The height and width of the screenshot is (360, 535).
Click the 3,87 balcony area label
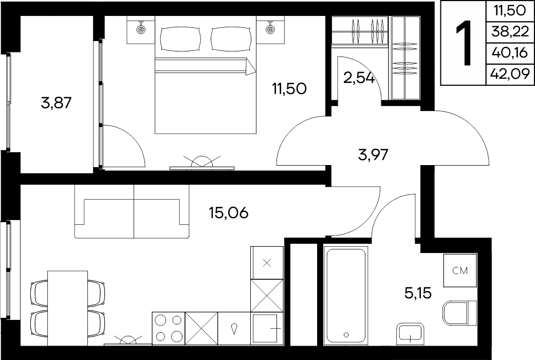click(57, 103)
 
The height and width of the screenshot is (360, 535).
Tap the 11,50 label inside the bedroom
click(289, 89)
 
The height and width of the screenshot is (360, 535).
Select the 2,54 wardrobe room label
click(359, 78)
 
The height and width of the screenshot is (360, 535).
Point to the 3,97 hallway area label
click(373, 155)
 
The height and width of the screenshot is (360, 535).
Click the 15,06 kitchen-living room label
click(229, 213)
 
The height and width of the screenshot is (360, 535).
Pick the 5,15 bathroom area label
click(418, 293)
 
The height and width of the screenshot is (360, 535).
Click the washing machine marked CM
click(460, 271)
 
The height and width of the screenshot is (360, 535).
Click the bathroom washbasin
click(411, 335)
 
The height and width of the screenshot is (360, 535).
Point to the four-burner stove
click(168, 329)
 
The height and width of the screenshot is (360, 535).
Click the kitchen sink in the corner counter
click(267, 329)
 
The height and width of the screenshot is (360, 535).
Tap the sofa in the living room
click(132, 211)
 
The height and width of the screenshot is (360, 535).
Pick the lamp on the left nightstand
click(140, 28)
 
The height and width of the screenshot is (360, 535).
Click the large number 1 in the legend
click(464, 43)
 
